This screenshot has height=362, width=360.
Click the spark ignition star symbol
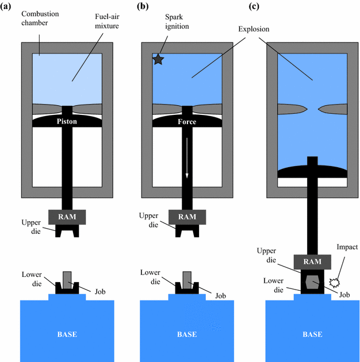tap(159, 60)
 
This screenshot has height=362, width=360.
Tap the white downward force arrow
tap(186, 167)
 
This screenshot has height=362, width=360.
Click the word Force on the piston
tap(186, 121)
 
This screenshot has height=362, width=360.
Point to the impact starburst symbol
tap(334, 282)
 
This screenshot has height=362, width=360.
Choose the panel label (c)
tap(269, 7)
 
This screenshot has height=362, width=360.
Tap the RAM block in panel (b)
tap(186, 216)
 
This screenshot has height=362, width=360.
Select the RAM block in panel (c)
tap(312, 260)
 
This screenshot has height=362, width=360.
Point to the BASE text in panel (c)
tap(312, 334)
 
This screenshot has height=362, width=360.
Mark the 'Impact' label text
tap(348, 247)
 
